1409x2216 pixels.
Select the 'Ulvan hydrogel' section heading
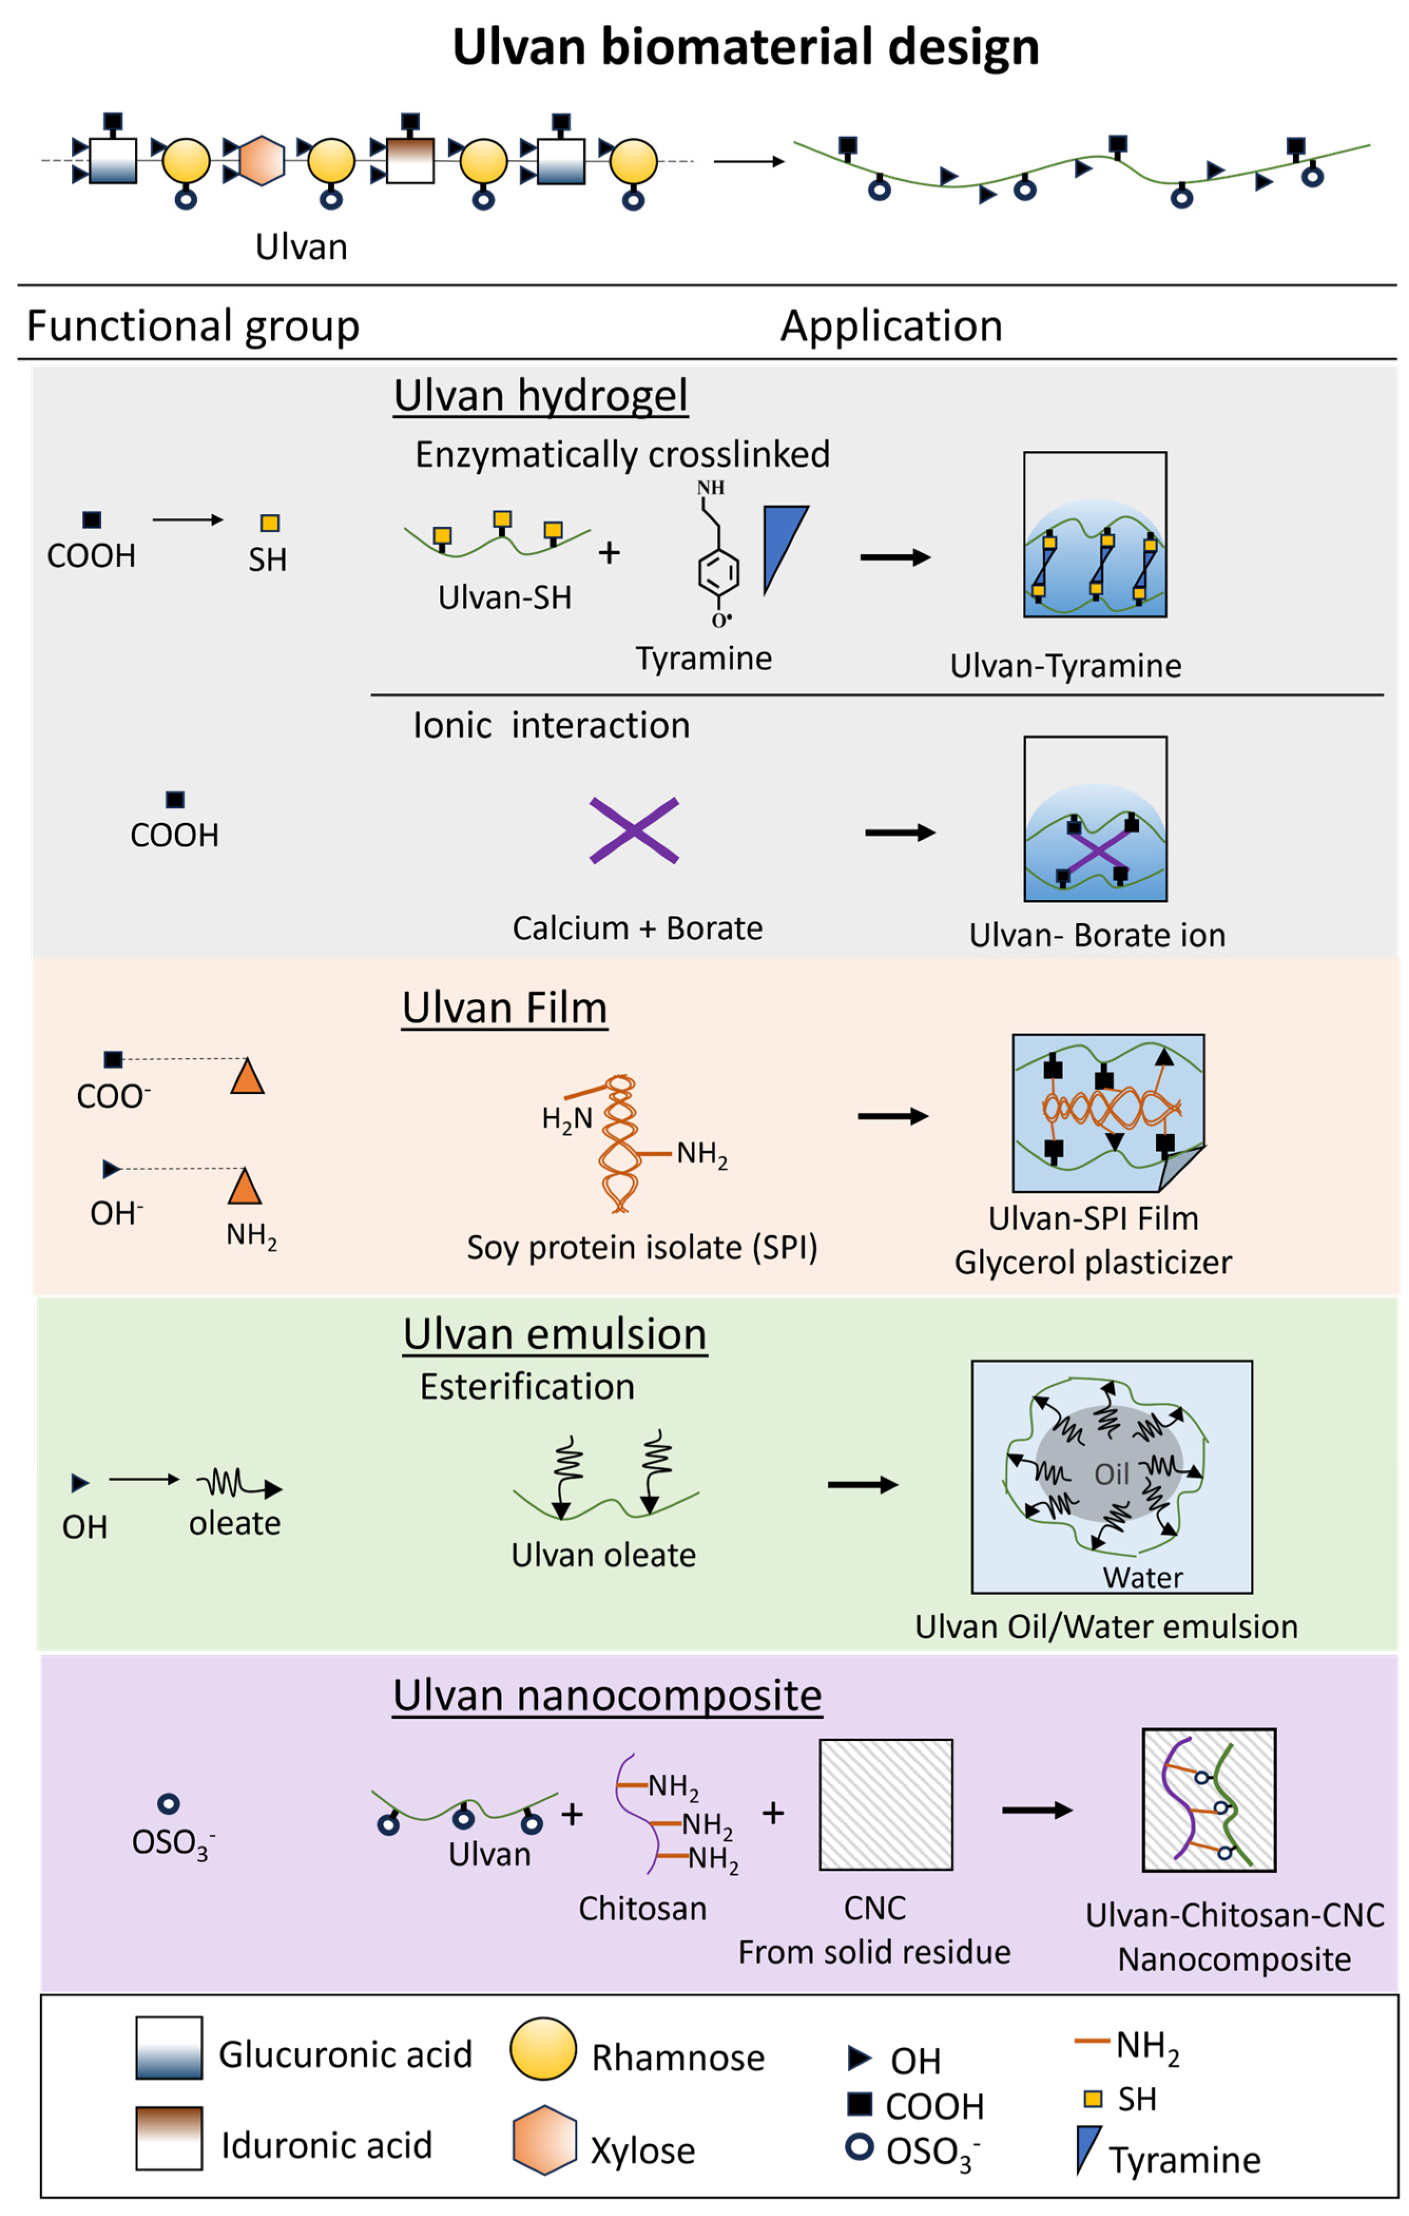coord(540,396)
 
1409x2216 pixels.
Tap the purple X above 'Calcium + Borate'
coord(634,830)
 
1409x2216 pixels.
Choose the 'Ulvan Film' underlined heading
coord(504,1008)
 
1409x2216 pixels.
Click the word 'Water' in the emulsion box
coord(1142,1578)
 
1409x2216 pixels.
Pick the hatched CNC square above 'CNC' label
coord(885,1804)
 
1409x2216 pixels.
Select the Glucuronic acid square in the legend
coord(169,2048)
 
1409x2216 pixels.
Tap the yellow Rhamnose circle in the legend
coord(543,2048)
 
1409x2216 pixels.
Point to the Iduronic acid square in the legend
coord(169,2138)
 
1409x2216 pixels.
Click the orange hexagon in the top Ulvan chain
coord(262,161)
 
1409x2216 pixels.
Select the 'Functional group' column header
coord(194,326)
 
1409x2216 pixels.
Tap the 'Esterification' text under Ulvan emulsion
coord(527,1386)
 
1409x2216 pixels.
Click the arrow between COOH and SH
coord(188,520)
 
